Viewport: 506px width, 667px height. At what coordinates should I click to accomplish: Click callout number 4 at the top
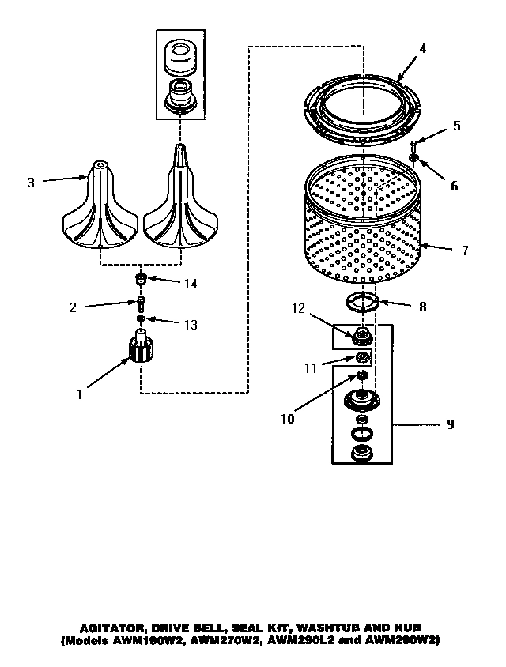[422, 48]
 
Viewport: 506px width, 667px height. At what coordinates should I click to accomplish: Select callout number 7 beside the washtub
[465, 251]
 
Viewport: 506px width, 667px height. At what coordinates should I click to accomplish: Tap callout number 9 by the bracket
[450, 424]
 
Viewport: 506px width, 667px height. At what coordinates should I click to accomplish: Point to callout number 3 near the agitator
[31, 183]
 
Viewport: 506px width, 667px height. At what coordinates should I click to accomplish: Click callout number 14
[190, 283]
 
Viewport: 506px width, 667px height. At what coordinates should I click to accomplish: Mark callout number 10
[288, 419]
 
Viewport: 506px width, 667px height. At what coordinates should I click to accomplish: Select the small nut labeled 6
[413, 161]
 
